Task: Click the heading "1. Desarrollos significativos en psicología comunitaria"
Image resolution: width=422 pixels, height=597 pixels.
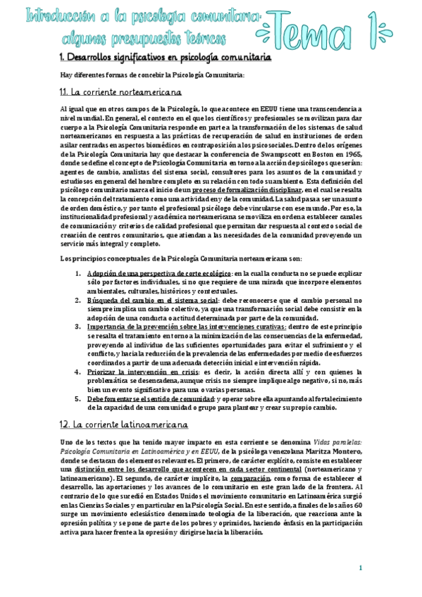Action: tap(166, 56)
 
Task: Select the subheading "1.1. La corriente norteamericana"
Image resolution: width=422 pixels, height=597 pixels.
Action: tap(121, 92)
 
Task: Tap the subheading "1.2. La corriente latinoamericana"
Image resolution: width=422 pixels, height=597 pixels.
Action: tap(124, 425)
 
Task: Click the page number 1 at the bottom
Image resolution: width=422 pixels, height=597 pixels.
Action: tap(360, 568)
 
